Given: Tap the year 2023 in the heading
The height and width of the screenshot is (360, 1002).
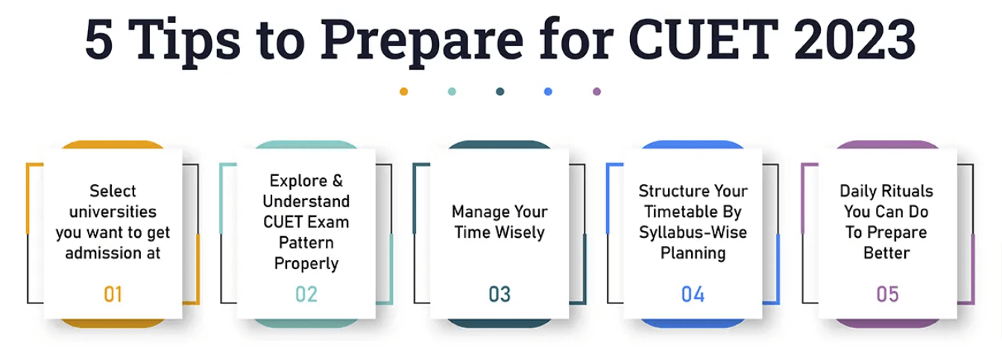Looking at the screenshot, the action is click(855, 40).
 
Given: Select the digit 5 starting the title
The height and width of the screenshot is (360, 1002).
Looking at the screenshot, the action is click(98, 40).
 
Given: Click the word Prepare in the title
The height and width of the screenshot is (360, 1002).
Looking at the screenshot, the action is click(422, 43).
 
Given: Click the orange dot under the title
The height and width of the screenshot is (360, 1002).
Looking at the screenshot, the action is click(403, 92).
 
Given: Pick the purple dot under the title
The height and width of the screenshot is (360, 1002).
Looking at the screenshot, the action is click(596, 92).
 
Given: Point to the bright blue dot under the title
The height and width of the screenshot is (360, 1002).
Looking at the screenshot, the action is click(548, 92).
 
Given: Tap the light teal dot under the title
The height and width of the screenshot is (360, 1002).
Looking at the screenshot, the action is click(452, 92).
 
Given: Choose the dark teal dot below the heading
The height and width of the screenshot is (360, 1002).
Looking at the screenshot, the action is click(500, 92).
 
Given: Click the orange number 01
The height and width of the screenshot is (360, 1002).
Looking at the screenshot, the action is click(113, 294).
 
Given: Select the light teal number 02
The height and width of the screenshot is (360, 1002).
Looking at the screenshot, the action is click(306, 294).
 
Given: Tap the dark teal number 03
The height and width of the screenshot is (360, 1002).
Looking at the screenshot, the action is click(500, 294).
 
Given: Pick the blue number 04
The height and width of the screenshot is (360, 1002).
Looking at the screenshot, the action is click(693, 294).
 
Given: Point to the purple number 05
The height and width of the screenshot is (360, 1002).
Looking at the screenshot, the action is click(887, 294).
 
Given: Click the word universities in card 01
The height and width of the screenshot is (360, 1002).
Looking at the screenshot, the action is click(113, 212).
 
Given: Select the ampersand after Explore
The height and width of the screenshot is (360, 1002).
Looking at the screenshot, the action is click(338, 180).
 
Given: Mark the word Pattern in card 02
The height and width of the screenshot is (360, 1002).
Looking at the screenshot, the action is click(306, 243).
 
